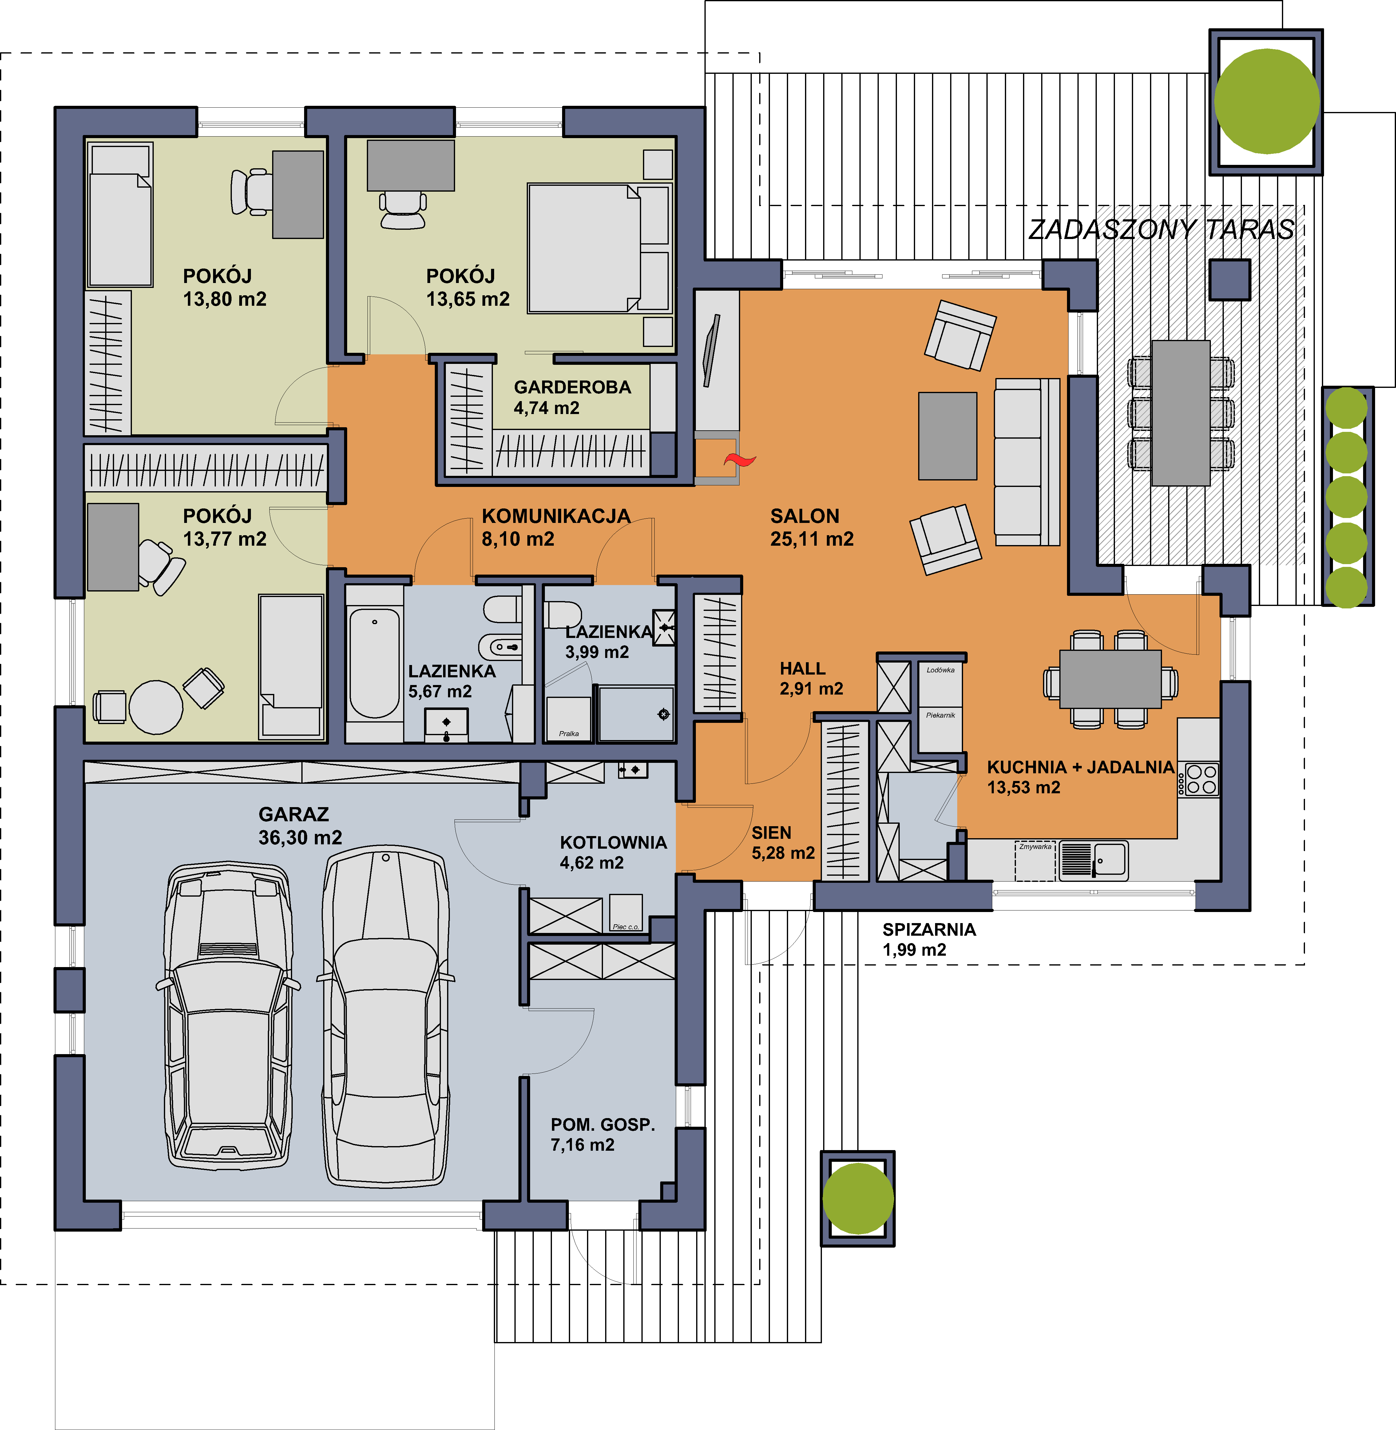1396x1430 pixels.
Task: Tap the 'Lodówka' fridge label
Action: [x=941, y=670]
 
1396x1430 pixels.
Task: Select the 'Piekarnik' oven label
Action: [x=941, y=715]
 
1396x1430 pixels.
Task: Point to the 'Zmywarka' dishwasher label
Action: [x=1034, y=846]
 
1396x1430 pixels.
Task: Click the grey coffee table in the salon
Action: [x=947, y=436]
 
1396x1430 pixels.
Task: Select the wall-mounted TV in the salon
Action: [x=711, y=350]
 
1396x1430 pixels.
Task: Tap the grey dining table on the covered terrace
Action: [x=1180, y=413]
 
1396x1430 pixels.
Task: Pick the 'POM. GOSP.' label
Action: [x=603, y=1124]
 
